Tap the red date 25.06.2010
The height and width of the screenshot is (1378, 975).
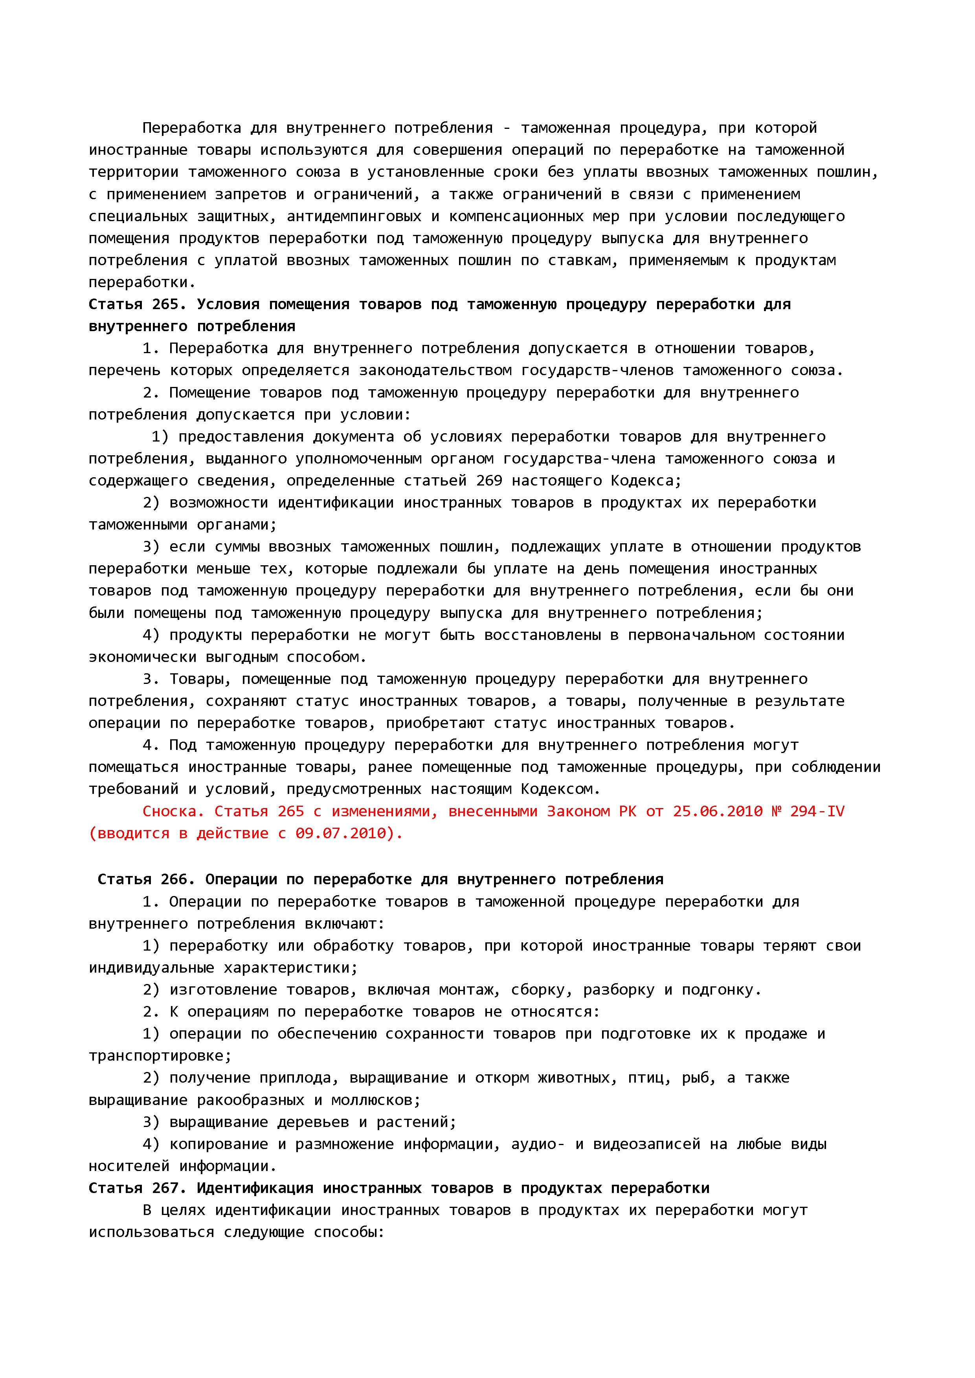pos(718,812)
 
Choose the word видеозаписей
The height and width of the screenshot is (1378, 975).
pos(646,1144)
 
